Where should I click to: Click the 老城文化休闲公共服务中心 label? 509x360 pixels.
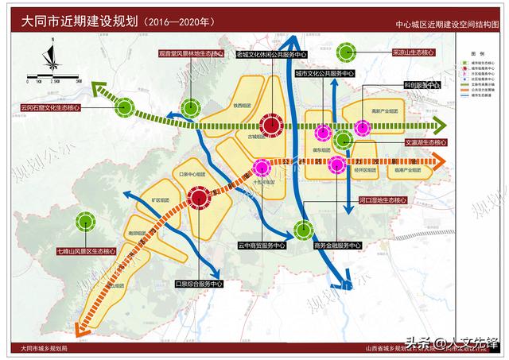(272, 55)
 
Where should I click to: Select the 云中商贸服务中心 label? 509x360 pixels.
(262, 246)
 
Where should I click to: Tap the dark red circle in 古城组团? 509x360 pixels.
(271, 124)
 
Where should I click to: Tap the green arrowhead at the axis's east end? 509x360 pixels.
(437, 126)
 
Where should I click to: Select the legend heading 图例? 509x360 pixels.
(476, 50)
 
